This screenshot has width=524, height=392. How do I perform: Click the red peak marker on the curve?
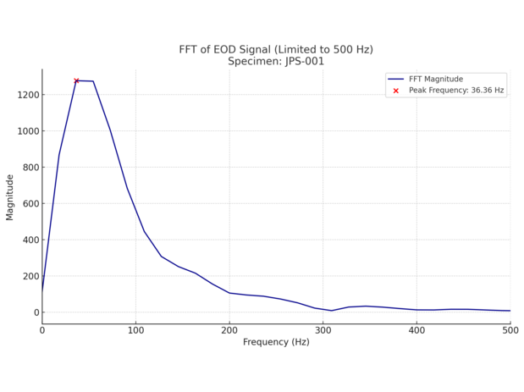[76, 80]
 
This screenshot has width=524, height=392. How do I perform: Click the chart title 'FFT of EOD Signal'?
[276, 49]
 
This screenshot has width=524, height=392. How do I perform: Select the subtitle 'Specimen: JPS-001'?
[276, 62]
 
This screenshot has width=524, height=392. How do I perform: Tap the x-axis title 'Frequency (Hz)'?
[276, 342]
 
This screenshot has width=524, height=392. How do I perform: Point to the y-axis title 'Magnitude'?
[10, 197]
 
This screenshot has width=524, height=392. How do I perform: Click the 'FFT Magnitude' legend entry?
[436, 79]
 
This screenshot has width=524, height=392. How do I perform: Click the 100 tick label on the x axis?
[135, 329]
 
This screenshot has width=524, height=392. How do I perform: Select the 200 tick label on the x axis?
[229, 329]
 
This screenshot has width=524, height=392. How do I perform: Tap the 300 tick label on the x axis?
[323, 329]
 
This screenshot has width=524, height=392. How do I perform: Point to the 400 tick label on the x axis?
[416, 329]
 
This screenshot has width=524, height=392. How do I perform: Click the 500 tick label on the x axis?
[509, 329]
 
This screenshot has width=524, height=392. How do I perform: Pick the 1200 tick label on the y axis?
[25, 95]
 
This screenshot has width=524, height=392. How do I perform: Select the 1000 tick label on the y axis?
[25, 131]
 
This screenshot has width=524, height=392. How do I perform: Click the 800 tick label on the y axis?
[28, 168]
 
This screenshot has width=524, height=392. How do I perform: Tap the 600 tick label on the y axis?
[28, 204]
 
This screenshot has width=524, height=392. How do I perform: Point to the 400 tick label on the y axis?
[28, 240]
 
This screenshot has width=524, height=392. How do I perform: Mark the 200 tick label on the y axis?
[28, 277]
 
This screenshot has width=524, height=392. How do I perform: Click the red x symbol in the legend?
[395, 90]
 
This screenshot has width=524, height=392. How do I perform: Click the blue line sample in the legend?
[395, 79]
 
